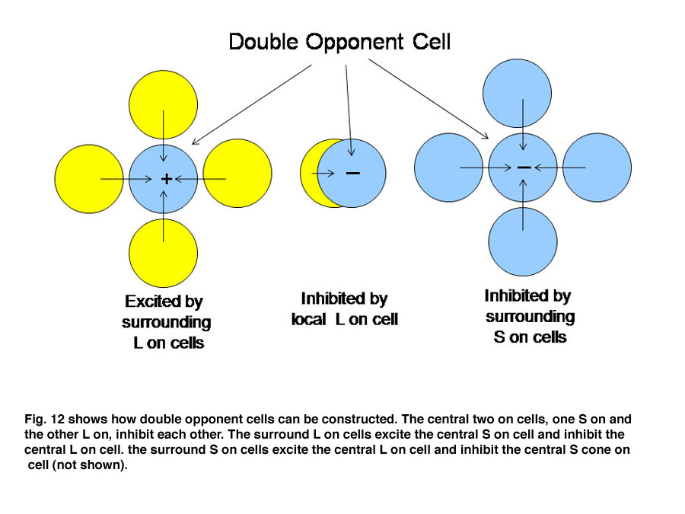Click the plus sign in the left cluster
coord(166,179)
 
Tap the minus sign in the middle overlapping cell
coord(353,173)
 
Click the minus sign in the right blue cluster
coord(524,168)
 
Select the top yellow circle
coord(164,105)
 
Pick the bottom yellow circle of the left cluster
coord(164,253)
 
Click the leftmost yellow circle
coord(89,179)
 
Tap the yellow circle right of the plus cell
coord(237,173)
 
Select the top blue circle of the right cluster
coord(518,94)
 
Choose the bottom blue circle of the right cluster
coord(523,241)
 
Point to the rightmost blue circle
coord(597,168)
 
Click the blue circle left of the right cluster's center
coord(448,168)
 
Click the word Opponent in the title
coord(354,43)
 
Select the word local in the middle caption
coord(309,320)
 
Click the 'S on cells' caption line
coord(530,337)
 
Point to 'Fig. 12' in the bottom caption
coord(44,419)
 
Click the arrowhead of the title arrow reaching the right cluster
coord(486,136)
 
